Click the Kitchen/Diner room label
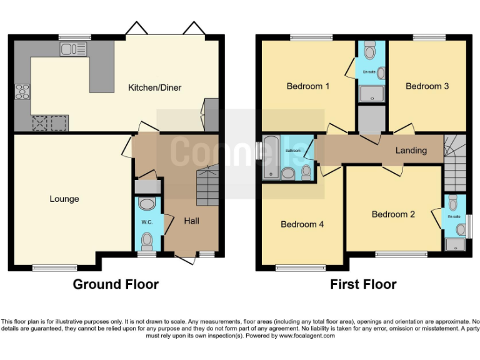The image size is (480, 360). pyautogui.click(x=154, y=87)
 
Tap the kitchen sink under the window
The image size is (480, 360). pyautogui.click(x=72, y=49)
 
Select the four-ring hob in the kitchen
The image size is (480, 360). pyautogui.click(x=22, y=91)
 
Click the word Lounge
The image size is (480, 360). pyautogui.click(x=64, y=199)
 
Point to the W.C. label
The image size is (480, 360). pyautogui.click(x=147, y=222)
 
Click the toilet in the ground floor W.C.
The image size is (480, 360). pyautogui.click(x=147, y=240)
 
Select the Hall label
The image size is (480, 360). pyautogui.click(x=191, y=221)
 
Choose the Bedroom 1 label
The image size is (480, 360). pyautogui.click(x=307, y=86)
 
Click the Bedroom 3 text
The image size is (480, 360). pyautogui.click(x=427, y=86)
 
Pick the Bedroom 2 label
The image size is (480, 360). pyautogui.click(x=393, y=214)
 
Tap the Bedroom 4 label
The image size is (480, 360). pyautogui.click(x=302, y=224)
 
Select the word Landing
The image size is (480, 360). pyautogui.click(x=411, y=150)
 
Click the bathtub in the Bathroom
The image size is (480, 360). pyautogui.click(x=272, y=157)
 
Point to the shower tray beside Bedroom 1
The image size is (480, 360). pyautogui.click(x=371, y=94)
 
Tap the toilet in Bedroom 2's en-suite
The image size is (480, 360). pyautogui.click(x=453, y=201)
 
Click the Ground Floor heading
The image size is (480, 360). pyautogui.click(x=116, y=284)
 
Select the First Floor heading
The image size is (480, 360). pyautogui.click(x=363, y=284)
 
